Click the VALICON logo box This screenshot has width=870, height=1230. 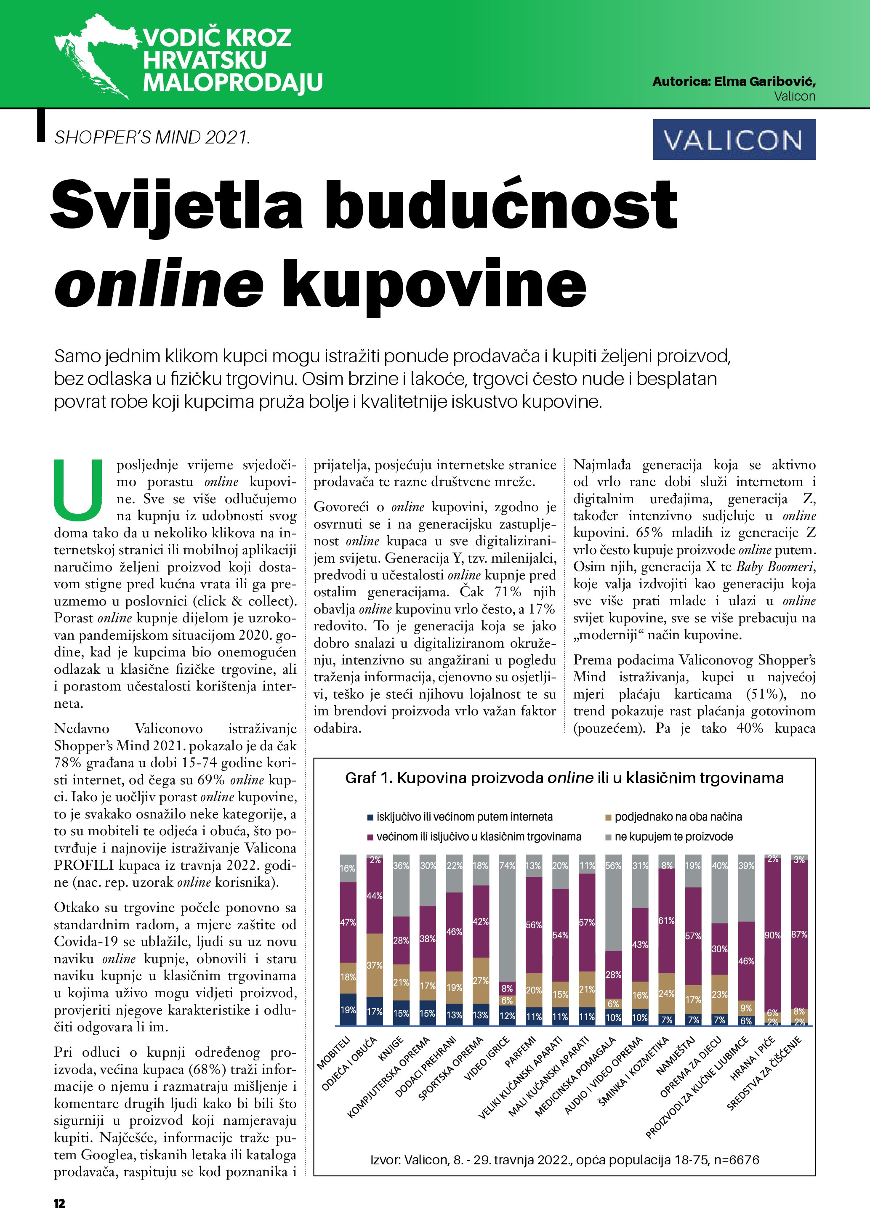tap(734, 140)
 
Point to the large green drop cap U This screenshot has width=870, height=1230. tap(78, 489)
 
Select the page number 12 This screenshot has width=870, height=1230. tap(59, 1203)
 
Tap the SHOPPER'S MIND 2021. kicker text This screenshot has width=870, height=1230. tap(152, 138)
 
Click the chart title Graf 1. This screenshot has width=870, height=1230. tap(564, 778)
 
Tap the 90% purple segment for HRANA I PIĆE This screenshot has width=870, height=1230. tap(772, 935)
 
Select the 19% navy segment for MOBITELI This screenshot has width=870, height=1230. tap(348, 1009)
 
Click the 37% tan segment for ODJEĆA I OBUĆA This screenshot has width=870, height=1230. tap(375, 965)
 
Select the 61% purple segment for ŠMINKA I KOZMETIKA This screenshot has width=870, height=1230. tap(666, 920)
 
